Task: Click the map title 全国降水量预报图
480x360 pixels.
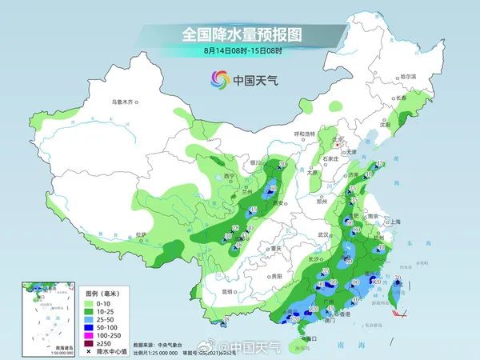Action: pos(240,35)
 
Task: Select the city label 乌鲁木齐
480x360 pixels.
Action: pos(125,102)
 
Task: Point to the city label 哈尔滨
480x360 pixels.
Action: pos(409,76)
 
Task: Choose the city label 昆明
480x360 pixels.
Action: pos(229,291)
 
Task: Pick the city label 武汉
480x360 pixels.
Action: pos(323,234)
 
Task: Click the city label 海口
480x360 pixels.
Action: pos(309,339)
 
